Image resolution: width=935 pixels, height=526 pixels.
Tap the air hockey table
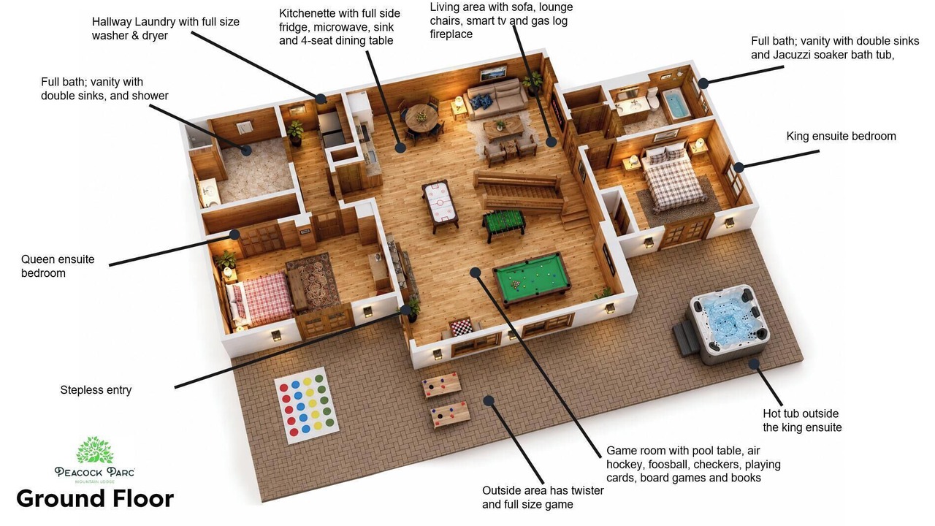[440, 204]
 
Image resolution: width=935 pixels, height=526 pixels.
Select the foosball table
[503, 224]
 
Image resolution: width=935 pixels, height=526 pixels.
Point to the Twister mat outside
[306, 405]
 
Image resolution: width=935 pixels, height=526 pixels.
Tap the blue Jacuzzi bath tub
[676, 104]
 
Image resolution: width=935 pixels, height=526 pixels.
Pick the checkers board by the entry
[462, 327]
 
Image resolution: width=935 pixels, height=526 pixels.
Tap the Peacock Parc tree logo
[94, 450]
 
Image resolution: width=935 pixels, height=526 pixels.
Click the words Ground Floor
[95, 498]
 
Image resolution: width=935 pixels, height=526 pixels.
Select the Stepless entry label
[96, 390]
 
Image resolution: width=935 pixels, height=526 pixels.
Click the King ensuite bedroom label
[841, 136]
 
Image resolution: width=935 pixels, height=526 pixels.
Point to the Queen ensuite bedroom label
[58, 266]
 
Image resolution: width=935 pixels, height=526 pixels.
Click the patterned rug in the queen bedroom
[313, 281]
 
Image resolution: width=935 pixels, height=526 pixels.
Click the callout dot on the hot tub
[753, 364]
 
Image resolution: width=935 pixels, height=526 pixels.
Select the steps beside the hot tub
[684, 338]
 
